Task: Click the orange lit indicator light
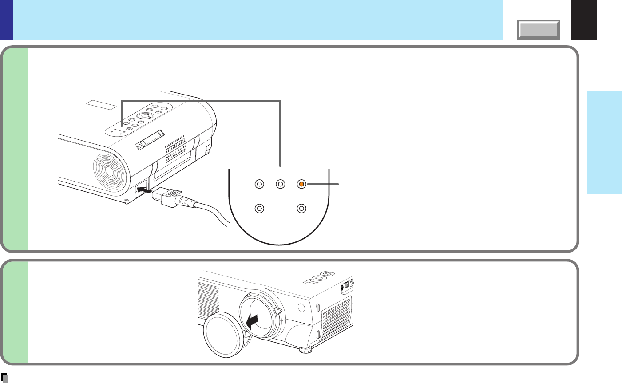point(301,183)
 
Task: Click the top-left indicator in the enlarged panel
point(260,183)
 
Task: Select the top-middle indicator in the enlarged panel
point(280,183)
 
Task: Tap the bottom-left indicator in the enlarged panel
point(260,208)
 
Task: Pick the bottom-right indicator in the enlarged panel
point(301,208)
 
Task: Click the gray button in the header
point(538,30)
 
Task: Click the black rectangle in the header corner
point(584,20)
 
